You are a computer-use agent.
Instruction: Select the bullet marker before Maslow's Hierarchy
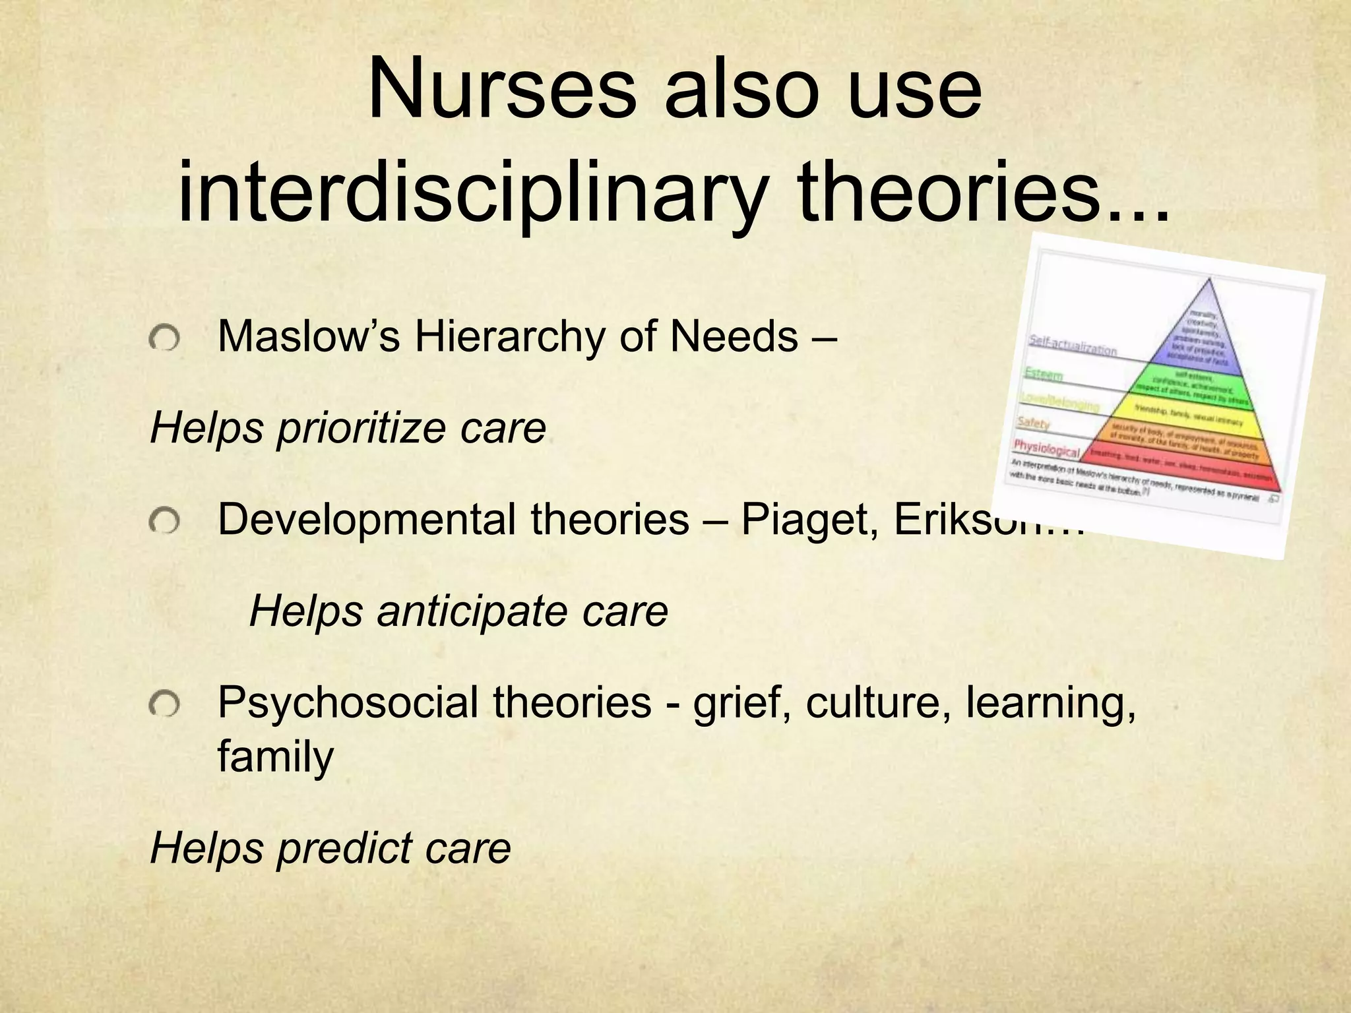[164, 340]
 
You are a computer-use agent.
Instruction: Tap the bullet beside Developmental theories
[164, 523]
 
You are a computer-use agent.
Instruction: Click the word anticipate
[472, 611]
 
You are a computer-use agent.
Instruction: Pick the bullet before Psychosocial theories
[164, 706]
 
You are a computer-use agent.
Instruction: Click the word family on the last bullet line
[275, 756]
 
